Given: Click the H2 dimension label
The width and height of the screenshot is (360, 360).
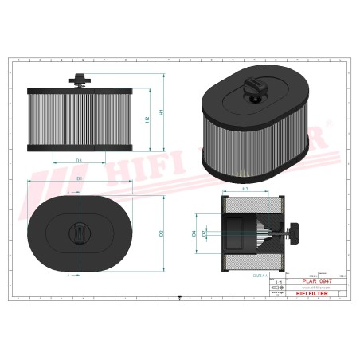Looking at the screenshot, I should pyautogui.click(x=147, y=119).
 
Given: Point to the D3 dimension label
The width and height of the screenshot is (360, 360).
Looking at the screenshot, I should pyautogui.click(x=79, y=160).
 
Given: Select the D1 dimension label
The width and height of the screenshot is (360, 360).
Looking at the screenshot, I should pyautogui.click(x=80, y=179).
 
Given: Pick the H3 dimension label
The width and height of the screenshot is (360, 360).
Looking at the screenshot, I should pyautogui.click(x=246, y=188).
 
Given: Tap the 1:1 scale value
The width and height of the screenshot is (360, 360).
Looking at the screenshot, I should pyautogui.click(x=277, y=283).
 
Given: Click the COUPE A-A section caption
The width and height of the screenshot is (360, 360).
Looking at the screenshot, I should pyautogui.click(x=259, y=274).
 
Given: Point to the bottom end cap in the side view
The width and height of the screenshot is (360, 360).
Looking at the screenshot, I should pyautogui.click(x=79, y=148).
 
